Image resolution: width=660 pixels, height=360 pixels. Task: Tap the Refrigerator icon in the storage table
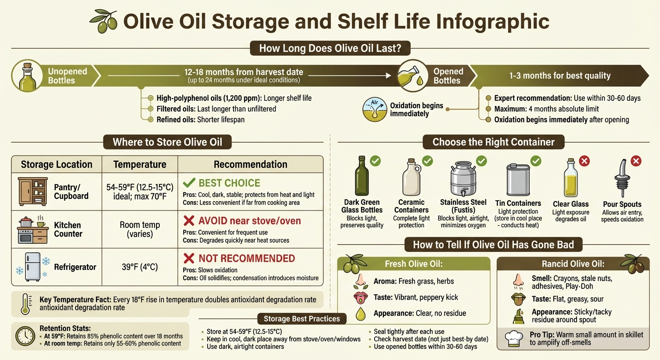point(33,267)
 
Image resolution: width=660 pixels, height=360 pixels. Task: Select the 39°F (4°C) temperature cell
point(140,267)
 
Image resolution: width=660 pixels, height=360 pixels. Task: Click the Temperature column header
point(140,165)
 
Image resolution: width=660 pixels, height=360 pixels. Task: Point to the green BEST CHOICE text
point(229,183)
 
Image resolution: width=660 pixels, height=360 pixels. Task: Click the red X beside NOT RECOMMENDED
point(189,258)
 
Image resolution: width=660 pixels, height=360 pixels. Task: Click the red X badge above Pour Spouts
point(636,161)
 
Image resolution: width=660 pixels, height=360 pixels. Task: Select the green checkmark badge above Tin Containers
point(535,161)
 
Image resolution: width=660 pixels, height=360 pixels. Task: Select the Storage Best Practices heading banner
point(301,319)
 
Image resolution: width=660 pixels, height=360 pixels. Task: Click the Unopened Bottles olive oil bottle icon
point(27,77)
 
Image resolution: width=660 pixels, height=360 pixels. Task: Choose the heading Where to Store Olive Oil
point(167,142)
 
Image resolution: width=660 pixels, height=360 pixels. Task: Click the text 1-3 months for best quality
point(560,75)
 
